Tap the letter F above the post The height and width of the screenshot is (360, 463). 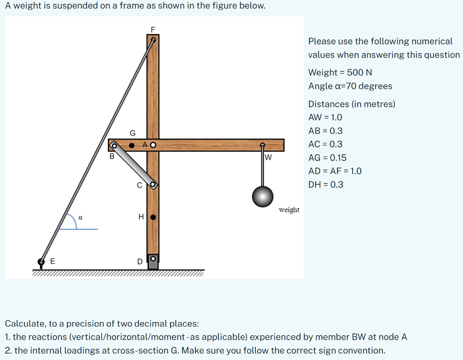pyautogui.click(x=153, y=29)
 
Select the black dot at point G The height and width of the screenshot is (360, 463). pyautogui.click(x=132, y=146)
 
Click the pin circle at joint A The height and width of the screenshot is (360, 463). pyautogui.click(x=153, y=145)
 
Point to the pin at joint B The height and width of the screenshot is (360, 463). pyautogui.click(x=114, y=146)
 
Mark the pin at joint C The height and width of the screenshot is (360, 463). pyautogui.click(x=153, y=185)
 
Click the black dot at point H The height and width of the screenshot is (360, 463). pyautogui.click(x=153, y=217)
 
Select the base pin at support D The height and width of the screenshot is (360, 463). pyautogui.click(x=153, y=259)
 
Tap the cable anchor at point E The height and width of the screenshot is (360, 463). pyautogui.click(x=42, y=261)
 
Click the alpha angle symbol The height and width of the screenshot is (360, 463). pyautogui.click(x=80, y=218)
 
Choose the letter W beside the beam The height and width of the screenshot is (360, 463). pyautogui.click(x=268, y=157)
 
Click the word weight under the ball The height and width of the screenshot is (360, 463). pyautogui.click(x=289, y=210)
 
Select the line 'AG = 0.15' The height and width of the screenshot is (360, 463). pyautogui.click(x=327, y=158)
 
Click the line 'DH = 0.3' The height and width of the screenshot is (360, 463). pyautogui.click(x=326, y=185)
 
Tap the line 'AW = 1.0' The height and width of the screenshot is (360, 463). pyautogui.click(x=325, y=117)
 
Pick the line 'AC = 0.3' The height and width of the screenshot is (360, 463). pyautogui.click(x=325, y=144)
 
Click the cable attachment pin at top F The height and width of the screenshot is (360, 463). pyautogui.click(x=153, y=40)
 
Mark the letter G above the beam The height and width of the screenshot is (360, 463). pyautogui.click(x=132, y=133)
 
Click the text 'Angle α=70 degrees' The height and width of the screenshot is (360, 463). pyautogui.click(x=350, y=86)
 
